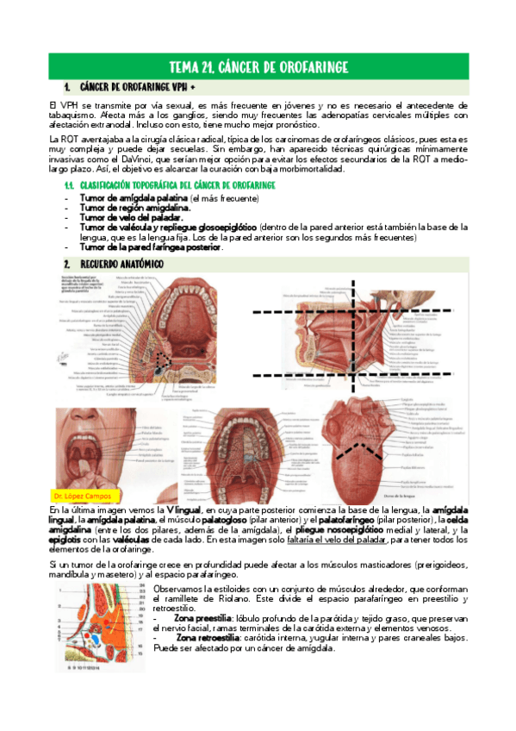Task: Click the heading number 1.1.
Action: click(x=71, y=186)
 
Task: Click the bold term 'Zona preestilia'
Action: click(x=202, y=618)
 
